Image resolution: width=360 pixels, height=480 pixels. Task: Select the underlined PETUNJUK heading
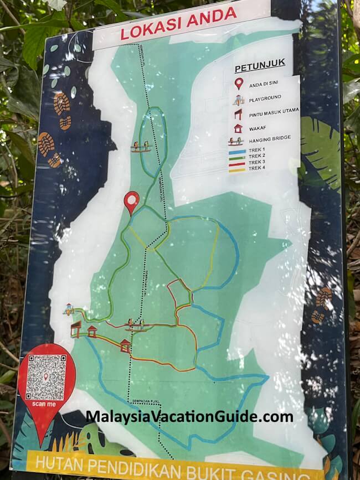(x=260, y=69)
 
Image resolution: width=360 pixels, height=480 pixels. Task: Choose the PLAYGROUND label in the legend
(x=265, y=98)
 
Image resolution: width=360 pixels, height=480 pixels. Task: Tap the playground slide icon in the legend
(x=238, y=100)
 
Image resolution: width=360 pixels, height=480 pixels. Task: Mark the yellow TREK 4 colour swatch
(x=237, y=169)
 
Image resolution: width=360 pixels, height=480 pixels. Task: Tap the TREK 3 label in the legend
(x=257, y=162)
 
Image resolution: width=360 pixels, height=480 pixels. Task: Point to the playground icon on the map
(x=68, y=309)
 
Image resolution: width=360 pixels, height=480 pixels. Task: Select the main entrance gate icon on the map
(x=76, y=328)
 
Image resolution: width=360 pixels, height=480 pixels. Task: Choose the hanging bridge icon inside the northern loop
(x=142, y=146)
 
